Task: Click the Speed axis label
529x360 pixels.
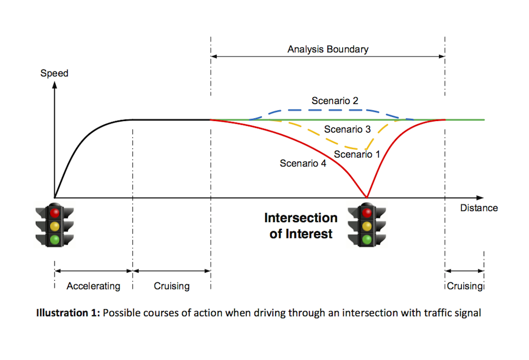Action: [54, 73]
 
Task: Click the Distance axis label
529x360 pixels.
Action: [479, 208]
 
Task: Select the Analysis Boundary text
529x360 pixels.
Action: [328, 50]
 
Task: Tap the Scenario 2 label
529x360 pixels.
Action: [335, 100]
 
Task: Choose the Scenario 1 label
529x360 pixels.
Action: [357, 154]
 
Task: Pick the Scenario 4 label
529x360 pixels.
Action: [303, 163]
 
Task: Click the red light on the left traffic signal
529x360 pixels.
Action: [54, 213]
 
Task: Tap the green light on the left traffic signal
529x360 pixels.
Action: [54, 239]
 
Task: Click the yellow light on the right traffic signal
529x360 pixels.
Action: [367, 226]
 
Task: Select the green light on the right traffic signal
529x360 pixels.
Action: [367, 239]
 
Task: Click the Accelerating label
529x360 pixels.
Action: [93, 286]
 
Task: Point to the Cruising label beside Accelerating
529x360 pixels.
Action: [171, 286]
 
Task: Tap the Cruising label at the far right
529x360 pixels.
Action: [464, 286]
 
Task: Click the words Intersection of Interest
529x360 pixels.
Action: [300, 226]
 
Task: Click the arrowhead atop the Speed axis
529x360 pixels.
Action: [54, 85]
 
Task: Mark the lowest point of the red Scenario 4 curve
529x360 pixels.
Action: [367, 197]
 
